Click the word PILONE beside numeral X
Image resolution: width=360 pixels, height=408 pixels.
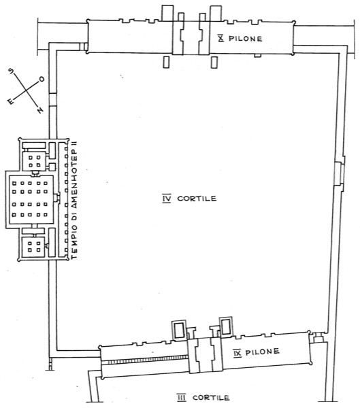(245, 39)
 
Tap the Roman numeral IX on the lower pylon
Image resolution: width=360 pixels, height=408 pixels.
(238, 353)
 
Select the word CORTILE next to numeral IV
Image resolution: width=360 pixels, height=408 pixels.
(197, 199)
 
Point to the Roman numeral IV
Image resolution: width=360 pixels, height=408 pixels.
(167, 199)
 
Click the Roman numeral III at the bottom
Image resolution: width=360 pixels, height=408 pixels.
(181, 398)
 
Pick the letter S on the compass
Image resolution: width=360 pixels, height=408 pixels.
(11, 71)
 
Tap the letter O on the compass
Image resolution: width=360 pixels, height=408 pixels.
(42, 79)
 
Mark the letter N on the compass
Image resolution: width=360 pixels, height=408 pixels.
(39, 110)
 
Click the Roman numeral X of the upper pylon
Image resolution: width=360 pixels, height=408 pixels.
(221, 39)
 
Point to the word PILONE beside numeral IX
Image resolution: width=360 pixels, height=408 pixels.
(262, 352)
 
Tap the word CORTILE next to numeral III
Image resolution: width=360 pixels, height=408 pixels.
(211, 398)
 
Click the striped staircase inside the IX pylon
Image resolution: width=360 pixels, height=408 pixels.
(148, 359)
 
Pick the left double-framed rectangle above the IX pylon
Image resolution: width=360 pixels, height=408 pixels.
(179, 330)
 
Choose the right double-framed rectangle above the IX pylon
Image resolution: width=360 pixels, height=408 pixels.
(226, 326)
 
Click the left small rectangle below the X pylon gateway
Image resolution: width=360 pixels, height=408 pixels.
(166, 63)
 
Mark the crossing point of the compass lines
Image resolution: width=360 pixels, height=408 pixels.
(26, 90)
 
